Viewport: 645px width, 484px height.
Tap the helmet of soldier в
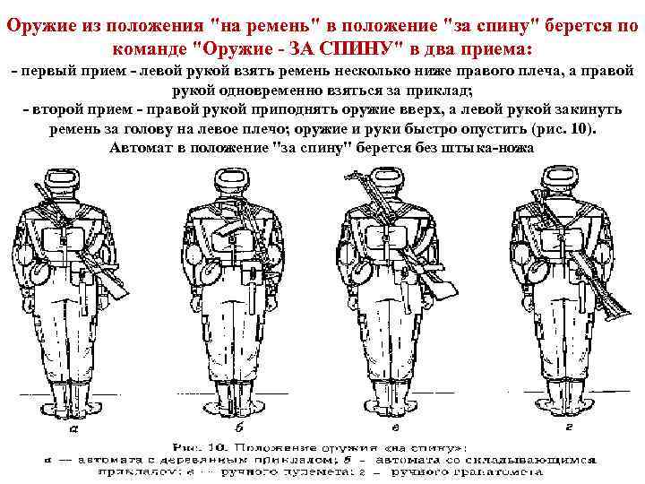pyautogui.click(x=386, y=184)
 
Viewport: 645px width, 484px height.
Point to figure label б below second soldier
pyautogui.click(x=241, y=428)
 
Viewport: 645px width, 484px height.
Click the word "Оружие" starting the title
pyautogui.click(x=35, y=24)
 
